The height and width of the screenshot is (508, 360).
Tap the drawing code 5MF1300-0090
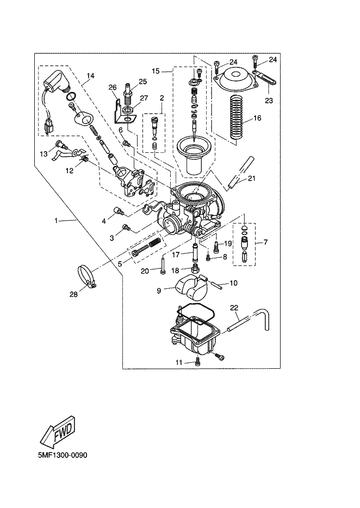63,455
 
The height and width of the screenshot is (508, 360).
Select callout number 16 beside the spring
257,118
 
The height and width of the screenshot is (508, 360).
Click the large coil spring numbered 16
237,120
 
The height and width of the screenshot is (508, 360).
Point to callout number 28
73,294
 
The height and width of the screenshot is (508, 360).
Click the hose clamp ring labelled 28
87,276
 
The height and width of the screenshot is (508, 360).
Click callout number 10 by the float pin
233,283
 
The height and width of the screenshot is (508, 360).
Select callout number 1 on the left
56,221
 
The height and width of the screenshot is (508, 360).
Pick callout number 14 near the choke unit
90,76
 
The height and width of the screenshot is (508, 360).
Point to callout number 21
252,178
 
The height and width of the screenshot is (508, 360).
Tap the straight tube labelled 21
240,172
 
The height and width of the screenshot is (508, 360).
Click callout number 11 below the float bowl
179,363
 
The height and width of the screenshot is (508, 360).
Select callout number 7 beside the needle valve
266,241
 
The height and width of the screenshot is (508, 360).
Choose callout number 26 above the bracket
113,87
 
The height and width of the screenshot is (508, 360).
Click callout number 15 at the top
156,71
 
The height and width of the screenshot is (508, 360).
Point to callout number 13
44,154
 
